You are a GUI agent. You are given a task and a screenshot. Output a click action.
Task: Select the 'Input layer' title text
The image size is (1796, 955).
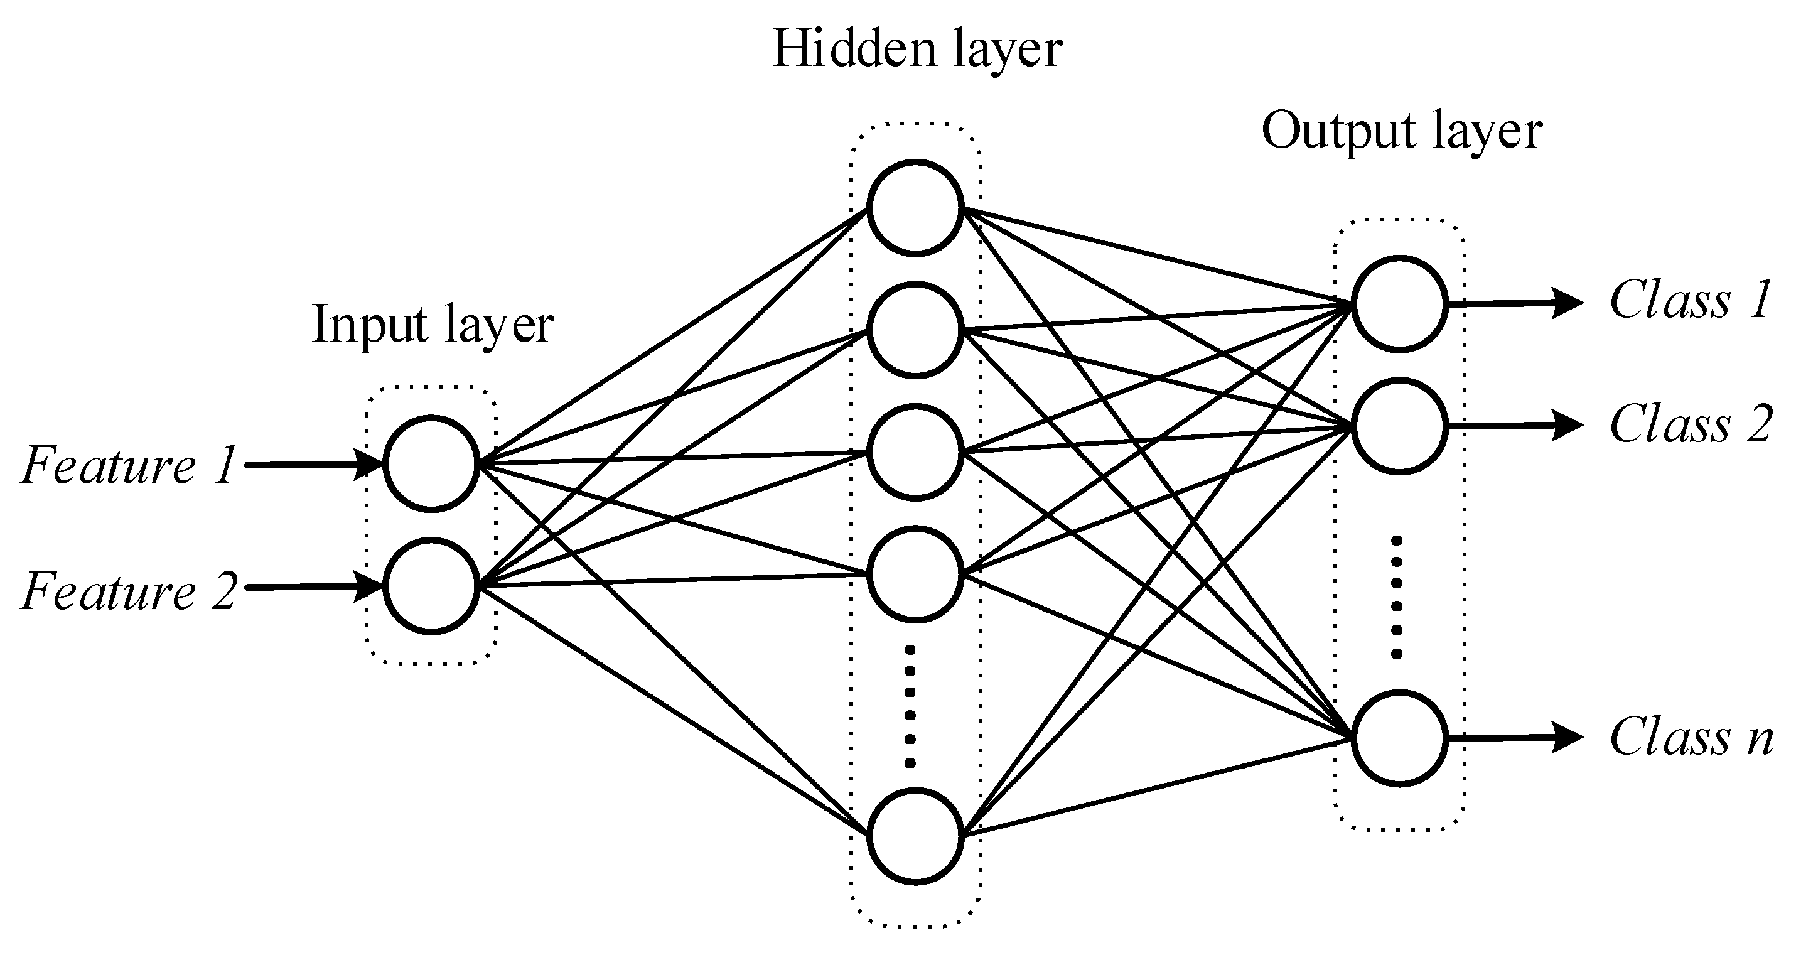pyautogui.click(x=433, y=325)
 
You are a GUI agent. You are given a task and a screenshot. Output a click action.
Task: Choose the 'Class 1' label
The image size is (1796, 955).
pyautogui.click(x=1690, y=300)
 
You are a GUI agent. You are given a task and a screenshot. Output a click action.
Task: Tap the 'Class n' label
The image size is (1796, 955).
pyautogui.click(x=1690, y=737)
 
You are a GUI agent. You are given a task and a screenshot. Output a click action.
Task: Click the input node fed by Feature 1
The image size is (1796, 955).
pyautogui.click(x=431, y=464)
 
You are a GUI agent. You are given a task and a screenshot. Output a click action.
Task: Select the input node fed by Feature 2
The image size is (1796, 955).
pyautogui.click(x=431, y=586)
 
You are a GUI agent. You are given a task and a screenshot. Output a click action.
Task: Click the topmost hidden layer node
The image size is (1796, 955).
pyautogui.click(x=915, y=207)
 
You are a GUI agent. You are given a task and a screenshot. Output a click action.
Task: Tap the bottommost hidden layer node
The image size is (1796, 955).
pyautogui.click(x=915, y=836)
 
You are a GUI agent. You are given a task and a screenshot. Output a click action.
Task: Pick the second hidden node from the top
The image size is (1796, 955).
pyautogui.click(x=915, y=330)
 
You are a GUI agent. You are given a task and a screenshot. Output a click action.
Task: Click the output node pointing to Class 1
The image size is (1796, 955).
pyautogui.click(x=1399, y=303)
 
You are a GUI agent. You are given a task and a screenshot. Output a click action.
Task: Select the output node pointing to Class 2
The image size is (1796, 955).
pyautogui.click(x=1399, y=426)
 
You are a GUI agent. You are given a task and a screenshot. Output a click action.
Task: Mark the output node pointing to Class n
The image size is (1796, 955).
pyautogui.click(x=1399, y=739)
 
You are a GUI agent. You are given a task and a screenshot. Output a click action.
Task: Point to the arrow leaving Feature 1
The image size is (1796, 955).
pyautogui.click(x=314, y=465)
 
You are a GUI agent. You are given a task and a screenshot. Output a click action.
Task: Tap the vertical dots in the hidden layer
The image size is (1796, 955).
pyautogui.click(x=910, y=706)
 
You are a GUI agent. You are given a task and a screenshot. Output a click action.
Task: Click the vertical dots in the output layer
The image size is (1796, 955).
pyautogui.click(x=1397, y=597)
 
